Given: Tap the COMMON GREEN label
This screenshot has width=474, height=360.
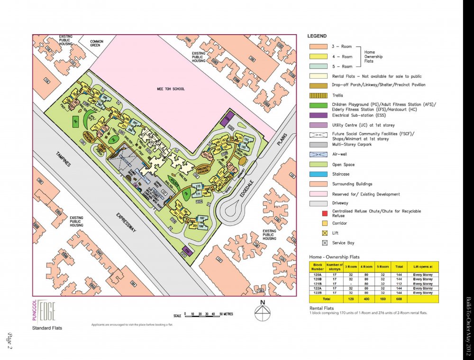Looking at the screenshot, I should click(x=97, y=44).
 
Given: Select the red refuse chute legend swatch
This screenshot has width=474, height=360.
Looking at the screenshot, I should click(x=325, y=213).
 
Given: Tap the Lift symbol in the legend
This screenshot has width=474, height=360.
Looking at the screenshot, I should click(x=325, y=233).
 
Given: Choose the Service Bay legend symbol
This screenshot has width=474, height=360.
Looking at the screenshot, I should click(x=325, y=243).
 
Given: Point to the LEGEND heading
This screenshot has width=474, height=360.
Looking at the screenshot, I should click(x=317, y=37).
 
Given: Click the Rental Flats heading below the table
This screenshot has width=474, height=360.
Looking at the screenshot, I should click(x=323, y=308).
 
